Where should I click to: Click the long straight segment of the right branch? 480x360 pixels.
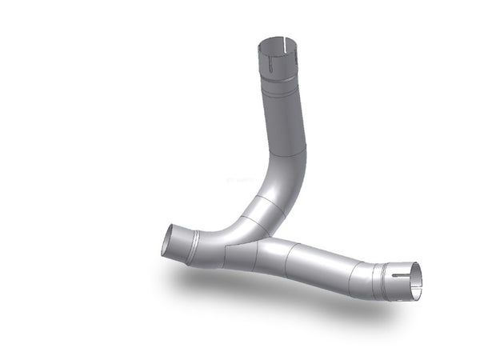(x=320, y=264)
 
